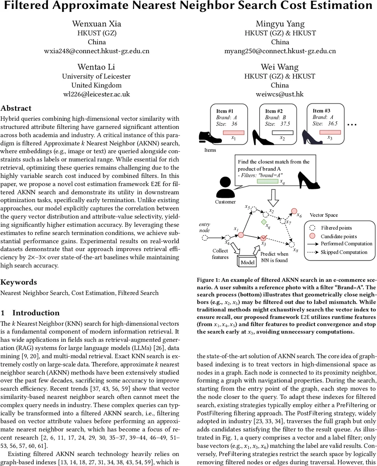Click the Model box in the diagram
[x=248, y=262]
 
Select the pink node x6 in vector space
[x=294, y=210]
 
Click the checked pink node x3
[x=264, y=238]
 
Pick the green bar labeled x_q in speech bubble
[x=267, y=181]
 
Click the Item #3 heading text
[x=321, y=111]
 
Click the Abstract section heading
[x=16, y=108]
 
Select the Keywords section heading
[x=19, y=282]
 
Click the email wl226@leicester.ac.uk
[x=96, y=94]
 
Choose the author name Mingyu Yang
[x=280, y=24]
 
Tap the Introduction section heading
[x=36, y=313]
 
